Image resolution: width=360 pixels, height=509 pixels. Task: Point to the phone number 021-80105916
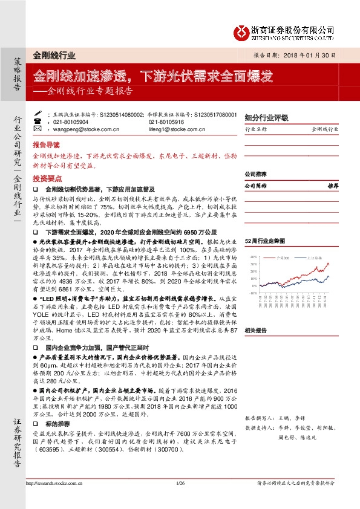164,121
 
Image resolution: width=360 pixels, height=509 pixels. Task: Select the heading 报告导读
47,146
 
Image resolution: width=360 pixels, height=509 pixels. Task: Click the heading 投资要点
47,179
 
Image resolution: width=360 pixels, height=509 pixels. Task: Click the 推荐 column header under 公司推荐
332,186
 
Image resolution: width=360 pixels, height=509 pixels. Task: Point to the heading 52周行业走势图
264,241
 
